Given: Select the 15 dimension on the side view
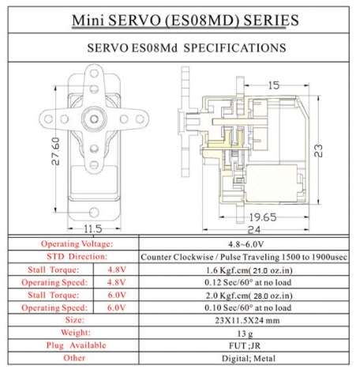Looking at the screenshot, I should pos(272,85).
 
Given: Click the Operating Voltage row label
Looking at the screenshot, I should pos(76,243).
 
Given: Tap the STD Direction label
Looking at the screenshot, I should pos(77,256).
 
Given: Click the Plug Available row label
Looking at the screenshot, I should pos(77,345).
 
